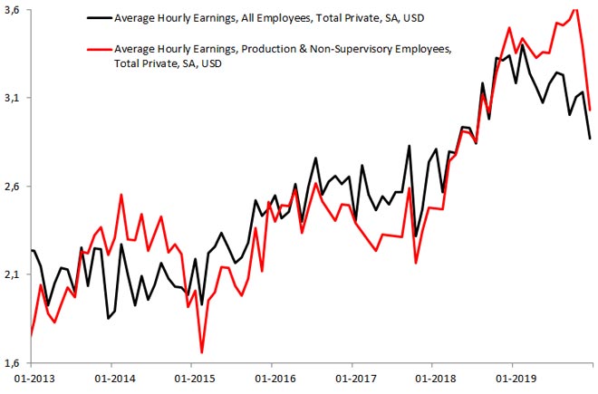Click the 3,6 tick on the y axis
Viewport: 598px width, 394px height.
pos(15,10)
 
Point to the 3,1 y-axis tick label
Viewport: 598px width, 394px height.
pos(15,98)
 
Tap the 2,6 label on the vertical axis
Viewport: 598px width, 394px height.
pos(15,187)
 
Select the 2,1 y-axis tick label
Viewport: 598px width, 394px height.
pos(15,274)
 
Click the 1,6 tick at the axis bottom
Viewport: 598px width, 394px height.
pos(15,362)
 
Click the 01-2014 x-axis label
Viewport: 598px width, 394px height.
pos(113,379)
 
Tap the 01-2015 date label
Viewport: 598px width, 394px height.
pos(193,379)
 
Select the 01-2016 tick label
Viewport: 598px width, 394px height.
pos(273,379)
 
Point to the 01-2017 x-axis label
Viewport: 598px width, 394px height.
pos(352,379)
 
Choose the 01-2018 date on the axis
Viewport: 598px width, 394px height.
pos(432,379)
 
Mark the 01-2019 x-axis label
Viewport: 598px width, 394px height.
pos(512,379)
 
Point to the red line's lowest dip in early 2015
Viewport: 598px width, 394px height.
pos(201,352)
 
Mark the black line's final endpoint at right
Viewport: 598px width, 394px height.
pos(591,139)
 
